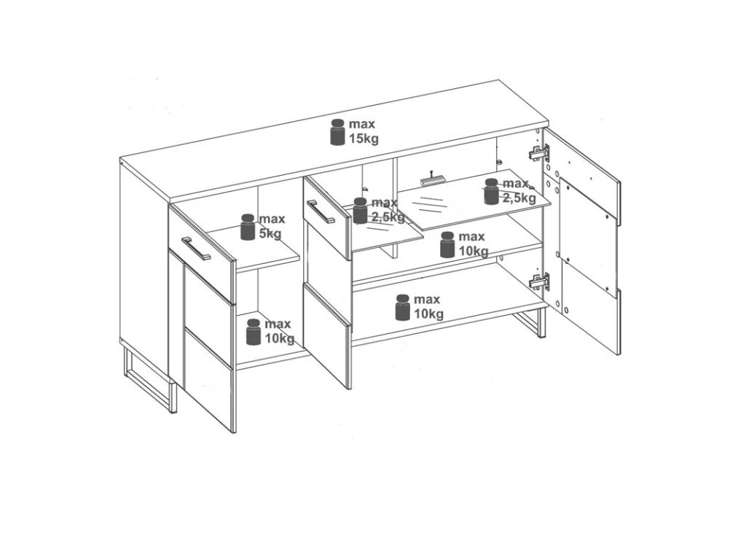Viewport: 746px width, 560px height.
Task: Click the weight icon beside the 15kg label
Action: click(337, 132)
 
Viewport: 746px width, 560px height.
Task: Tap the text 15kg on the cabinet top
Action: click(364, 139)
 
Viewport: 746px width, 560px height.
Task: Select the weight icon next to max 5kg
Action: click(248, 227)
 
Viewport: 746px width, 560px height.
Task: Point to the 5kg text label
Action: click(270, 234)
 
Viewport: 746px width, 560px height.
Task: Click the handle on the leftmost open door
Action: click(195, 248)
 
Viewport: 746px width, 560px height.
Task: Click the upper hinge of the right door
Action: click(540, 153)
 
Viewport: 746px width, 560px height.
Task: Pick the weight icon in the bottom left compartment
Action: click(253, 332)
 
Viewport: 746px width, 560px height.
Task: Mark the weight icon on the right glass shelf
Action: click(492, 192)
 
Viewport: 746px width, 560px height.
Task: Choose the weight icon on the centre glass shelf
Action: click(360, 211)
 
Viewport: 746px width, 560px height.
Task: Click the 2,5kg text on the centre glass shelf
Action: click(388, 217)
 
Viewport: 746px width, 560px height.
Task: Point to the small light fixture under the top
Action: click(432, 179)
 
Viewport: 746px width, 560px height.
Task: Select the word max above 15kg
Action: click(362, 124)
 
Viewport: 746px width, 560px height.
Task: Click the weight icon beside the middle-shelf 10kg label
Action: click(447, 244)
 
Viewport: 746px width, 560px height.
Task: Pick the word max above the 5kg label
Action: click(272, 219)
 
